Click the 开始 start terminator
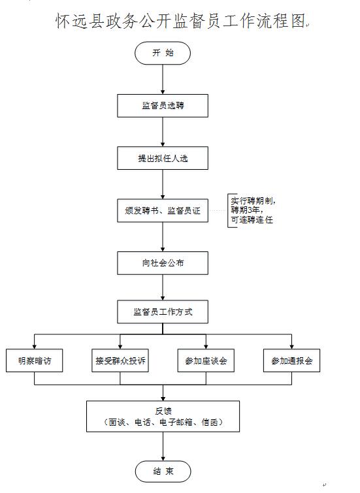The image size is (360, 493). (x=163, y=53)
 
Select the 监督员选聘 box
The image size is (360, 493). (x=163, y=106)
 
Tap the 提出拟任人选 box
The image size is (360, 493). (x=163, y=158)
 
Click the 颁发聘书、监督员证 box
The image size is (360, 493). (x=163, y=211)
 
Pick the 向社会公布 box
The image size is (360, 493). (x=163, y=263)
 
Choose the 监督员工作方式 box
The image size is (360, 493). (x=163, y=312)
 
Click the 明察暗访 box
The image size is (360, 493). (x=34, y=360)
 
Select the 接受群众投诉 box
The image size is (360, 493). (x=120, y=360)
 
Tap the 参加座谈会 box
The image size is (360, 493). (x=206, y=360)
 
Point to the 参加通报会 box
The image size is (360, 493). (x=291, y=360)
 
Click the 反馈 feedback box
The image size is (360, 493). (x=163, y=417)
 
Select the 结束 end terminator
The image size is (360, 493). (x=163, y=471)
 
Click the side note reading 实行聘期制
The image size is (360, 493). (x=253, y=200)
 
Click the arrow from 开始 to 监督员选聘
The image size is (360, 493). (x=163, y=79)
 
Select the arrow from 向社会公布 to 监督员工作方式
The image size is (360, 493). (x=163, y=288)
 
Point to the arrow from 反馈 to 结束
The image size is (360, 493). (x=163, y=447)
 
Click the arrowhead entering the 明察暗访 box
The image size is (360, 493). (x=34, y=347)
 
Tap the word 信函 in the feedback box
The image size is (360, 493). (x=210, y=422)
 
